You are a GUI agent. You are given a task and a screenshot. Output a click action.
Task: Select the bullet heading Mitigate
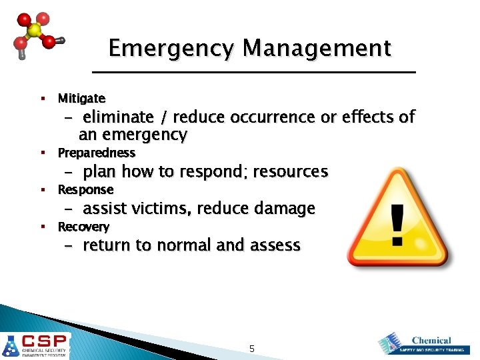click(x=81, y=99)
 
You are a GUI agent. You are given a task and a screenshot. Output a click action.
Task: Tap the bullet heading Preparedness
click(x=96, y=153)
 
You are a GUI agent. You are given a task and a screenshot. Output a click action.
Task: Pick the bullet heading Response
click(x=85, y=190)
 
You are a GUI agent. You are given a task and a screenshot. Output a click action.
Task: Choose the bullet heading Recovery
click(x=83, y=227)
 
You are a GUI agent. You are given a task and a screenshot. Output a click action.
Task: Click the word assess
click(x=275, y=245)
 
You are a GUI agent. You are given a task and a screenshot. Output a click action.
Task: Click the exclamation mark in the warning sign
click(x=397, y=223)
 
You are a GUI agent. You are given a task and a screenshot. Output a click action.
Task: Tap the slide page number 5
click(x=251, y=349)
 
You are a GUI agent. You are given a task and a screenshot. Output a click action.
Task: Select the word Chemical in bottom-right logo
click(x=431, y=340)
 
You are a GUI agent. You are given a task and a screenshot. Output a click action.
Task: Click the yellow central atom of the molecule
click(x=34, y=31)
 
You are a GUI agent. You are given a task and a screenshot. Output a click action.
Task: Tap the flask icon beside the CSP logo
click(x=11, y=346)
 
